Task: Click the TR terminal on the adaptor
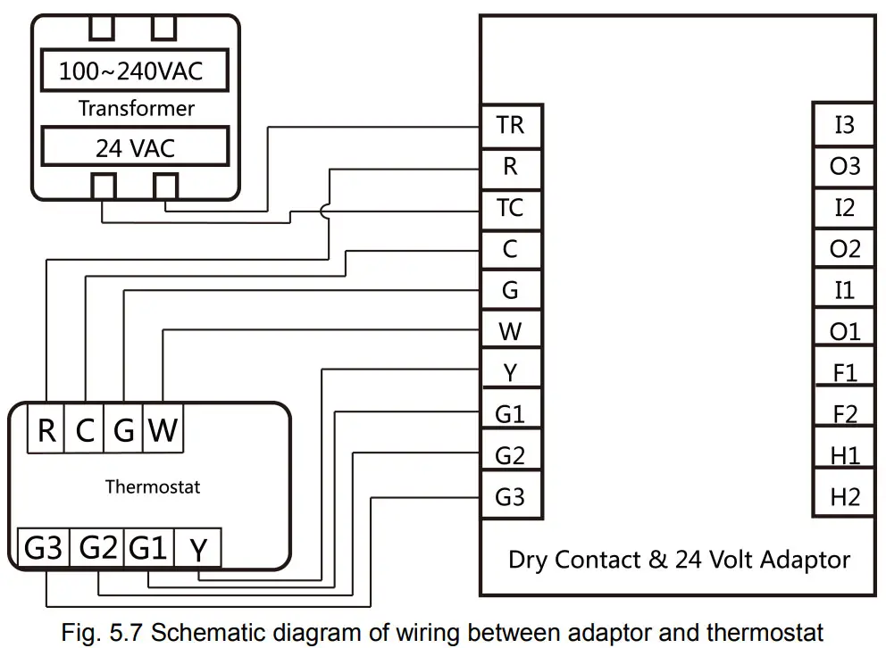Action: (x=510, y=125)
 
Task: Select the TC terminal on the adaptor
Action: (x=510, y=208)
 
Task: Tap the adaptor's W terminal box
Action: (x=510, y=332)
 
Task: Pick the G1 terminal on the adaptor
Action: (x=510, y=414)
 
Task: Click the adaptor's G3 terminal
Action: (x=510, y=496)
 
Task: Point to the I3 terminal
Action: (x=843, y=125)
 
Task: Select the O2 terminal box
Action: (x=843, y=249)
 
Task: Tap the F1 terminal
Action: (x=843, y=373)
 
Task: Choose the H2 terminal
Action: (x=843, y=496)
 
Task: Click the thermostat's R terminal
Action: (x=46, y=431)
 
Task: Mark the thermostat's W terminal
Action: (x=163, y=431)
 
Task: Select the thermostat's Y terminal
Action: (x=198, y=549)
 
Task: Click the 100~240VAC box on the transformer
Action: (x=131, y=71)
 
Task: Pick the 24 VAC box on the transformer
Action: (x=131, y=148)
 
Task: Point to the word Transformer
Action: (x=136, y=109)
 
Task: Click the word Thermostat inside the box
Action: (x=153, y=487)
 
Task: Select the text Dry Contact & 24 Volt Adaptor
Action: (x=679, y=560)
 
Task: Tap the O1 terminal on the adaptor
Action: (x=843, y=332)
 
